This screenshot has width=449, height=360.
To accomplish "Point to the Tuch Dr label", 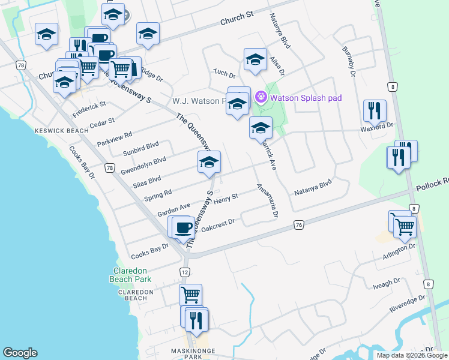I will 224,74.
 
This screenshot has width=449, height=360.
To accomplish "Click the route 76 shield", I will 299,224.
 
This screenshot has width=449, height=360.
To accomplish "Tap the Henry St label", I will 226,197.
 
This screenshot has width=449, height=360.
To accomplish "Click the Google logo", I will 20,353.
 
